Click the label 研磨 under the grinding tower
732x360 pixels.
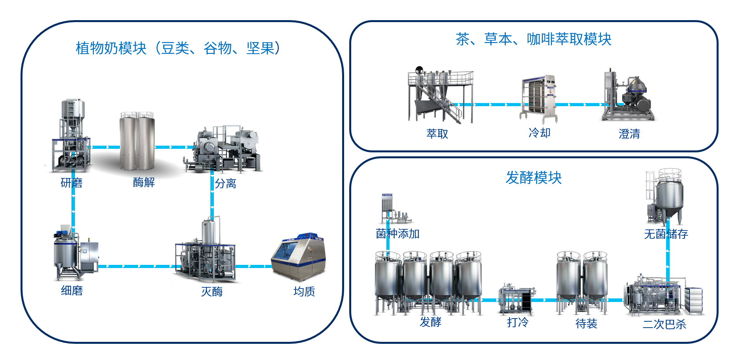click(x=71, y=183)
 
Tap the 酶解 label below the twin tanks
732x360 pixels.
click(x=144, y=182)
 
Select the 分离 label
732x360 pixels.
click(x=226, y=184)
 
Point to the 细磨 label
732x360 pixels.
click(x=72, y=291)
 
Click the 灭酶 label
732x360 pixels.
click(x=212, y=292)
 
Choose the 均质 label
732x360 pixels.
click(x=304, y=292)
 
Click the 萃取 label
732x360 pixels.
click(x=437, y=134)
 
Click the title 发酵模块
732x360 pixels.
click(x=534, y=178)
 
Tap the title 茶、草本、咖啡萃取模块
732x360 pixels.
click(x=534, y=39)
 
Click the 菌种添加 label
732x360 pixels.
click(x=397, y=234)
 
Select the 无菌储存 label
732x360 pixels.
click(x=666, y=234)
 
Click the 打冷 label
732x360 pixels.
click(x=518, y=323)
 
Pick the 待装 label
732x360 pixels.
click(x=586, y=324)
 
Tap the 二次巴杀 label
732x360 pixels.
click(x=665, y=324)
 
